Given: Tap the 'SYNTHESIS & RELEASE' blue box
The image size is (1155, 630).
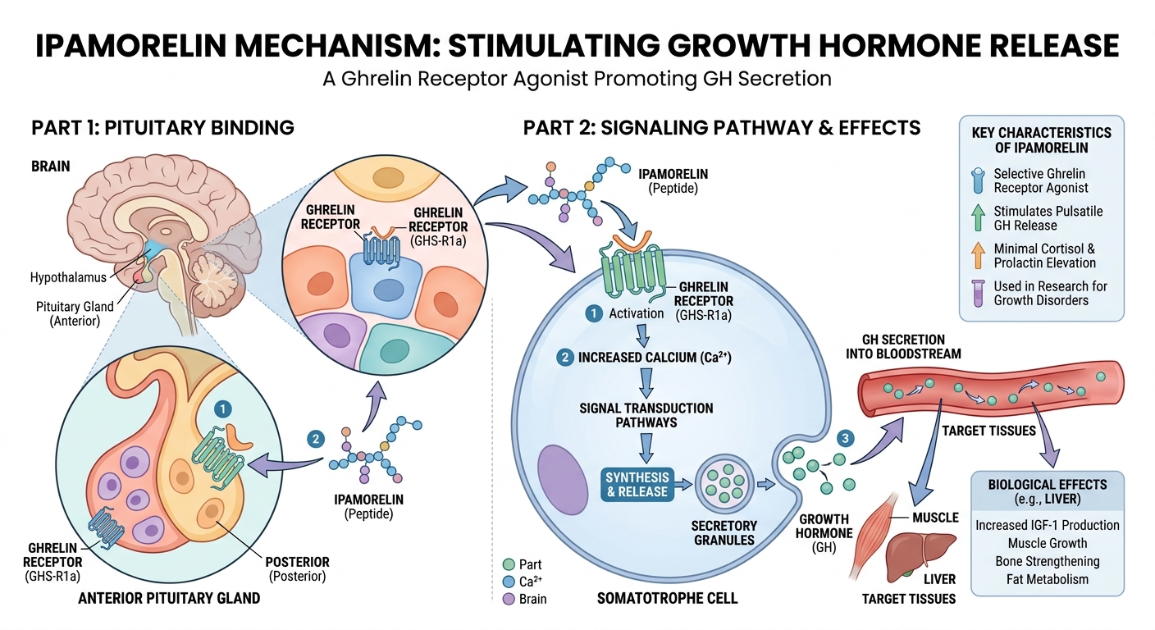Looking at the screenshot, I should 637,485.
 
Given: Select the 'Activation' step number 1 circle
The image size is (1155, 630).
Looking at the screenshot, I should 592,313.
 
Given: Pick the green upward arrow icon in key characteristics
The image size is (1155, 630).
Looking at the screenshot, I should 977,218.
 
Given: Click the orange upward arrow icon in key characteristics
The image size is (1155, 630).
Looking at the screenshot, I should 977,255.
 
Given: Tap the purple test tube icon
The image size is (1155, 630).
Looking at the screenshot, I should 977,293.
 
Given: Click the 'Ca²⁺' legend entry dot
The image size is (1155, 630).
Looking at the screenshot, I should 507,582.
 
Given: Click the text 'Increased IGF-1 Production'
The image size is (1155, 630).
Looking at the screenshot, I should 1047,525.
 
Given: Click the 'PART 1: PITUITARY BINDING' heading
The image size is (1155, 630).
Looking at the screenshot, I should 162,128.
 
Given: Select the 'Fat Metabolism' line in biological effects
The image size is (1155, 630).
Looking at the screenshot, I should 1047,579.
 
